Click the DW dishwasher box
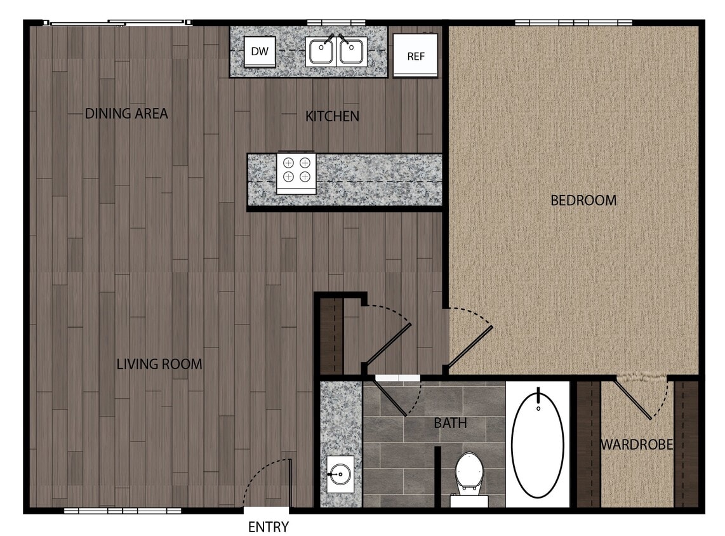pyautogui.click(x=260, y=51)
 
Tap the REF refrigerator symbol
pyautogui.click(x=416, y=55)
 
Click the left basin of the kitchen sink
pyautogui.click(x=321, y=51)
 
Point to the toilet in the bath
pyautogui.click(x=469, y=474)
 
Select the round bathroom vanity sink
pyautogui.click(x=340, y=473)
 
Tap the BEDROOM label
pyautogui.click(x=583, y=201)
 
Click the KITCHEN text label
pyautogui.click(x=332, y=116)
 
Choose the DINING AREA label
pyautogui.click(x=126, y=114)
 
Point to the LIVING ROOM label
pyautogui.click(x=159, y=365)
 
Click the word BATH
pyautogui.click(x=451, y=423)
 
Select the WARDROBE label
pyautogui.click(x=637, y=445)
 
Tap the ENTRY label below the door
pyautogui.click(x=268, y=527)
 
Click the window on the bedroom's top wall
pyautogui.click(x=573, y=23)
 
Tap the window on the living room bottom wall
pyautogui.click(x=123, y=510)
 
